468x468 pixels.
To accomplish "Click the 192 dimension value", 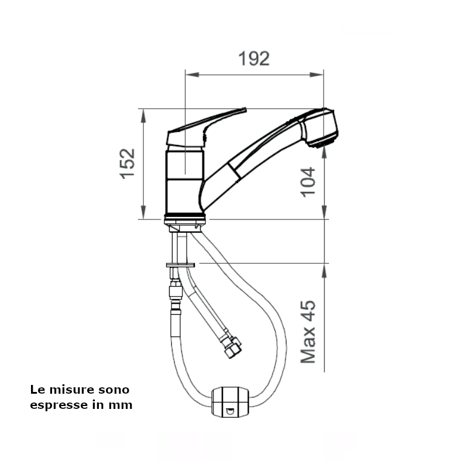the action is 254,59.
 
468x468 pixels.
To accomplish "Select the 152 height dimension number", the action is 128,164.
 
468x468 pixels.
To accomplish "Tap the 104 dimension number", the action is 308,182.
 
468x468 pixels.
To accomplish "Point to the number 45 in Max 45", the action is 308,311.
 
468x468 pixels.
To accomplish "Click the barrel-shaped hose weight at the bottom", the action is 230,402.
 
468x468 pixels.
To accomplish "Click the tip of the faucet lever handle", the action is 245,109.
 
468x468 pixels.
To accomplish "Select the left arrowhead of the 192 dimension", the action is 192,74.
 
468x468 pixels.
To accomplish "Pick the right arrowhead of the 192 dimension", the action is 316,74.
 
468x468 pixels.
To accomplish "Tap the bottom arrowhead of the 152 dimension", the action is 143,212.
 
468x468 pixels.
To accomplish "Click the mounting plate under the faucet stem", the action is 181,265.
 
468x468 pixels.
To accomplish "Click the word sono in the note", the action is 113,390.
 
